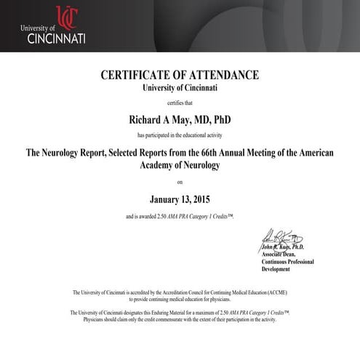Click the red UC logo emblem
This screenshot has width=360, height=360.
65,16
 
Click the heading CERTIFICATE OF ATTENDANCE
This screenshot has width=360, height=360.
180,75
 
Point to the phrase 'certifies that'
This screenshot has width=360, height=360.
180,103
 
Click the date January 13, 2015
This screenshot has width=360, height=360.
180,199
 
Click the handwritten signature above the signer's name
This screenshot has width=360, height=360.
280,237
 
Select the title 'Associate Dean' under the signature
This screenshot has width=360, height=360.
280,254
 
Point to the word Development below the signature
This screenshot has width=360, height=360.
276,269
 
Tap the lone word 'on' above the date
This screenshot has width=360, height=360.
180,183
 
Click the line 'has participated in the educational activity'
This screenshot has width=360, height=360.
180,135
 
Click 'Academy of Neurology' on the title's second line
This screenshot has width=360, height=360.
180,165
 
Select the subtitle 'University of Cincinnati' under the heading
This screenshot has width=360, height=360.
180,87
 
